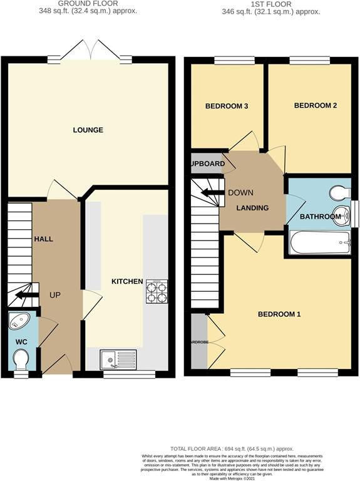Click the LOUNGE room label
[88, 130]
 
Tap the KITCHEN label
[127, 282]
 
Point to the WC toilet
[21, 359]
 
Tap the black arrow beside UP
[26, 295]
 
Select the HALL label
[44, 239]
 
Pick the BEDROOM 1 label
[279, 314]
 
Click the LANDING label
[253, 208]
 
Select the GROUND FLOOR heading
[88, 4]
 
